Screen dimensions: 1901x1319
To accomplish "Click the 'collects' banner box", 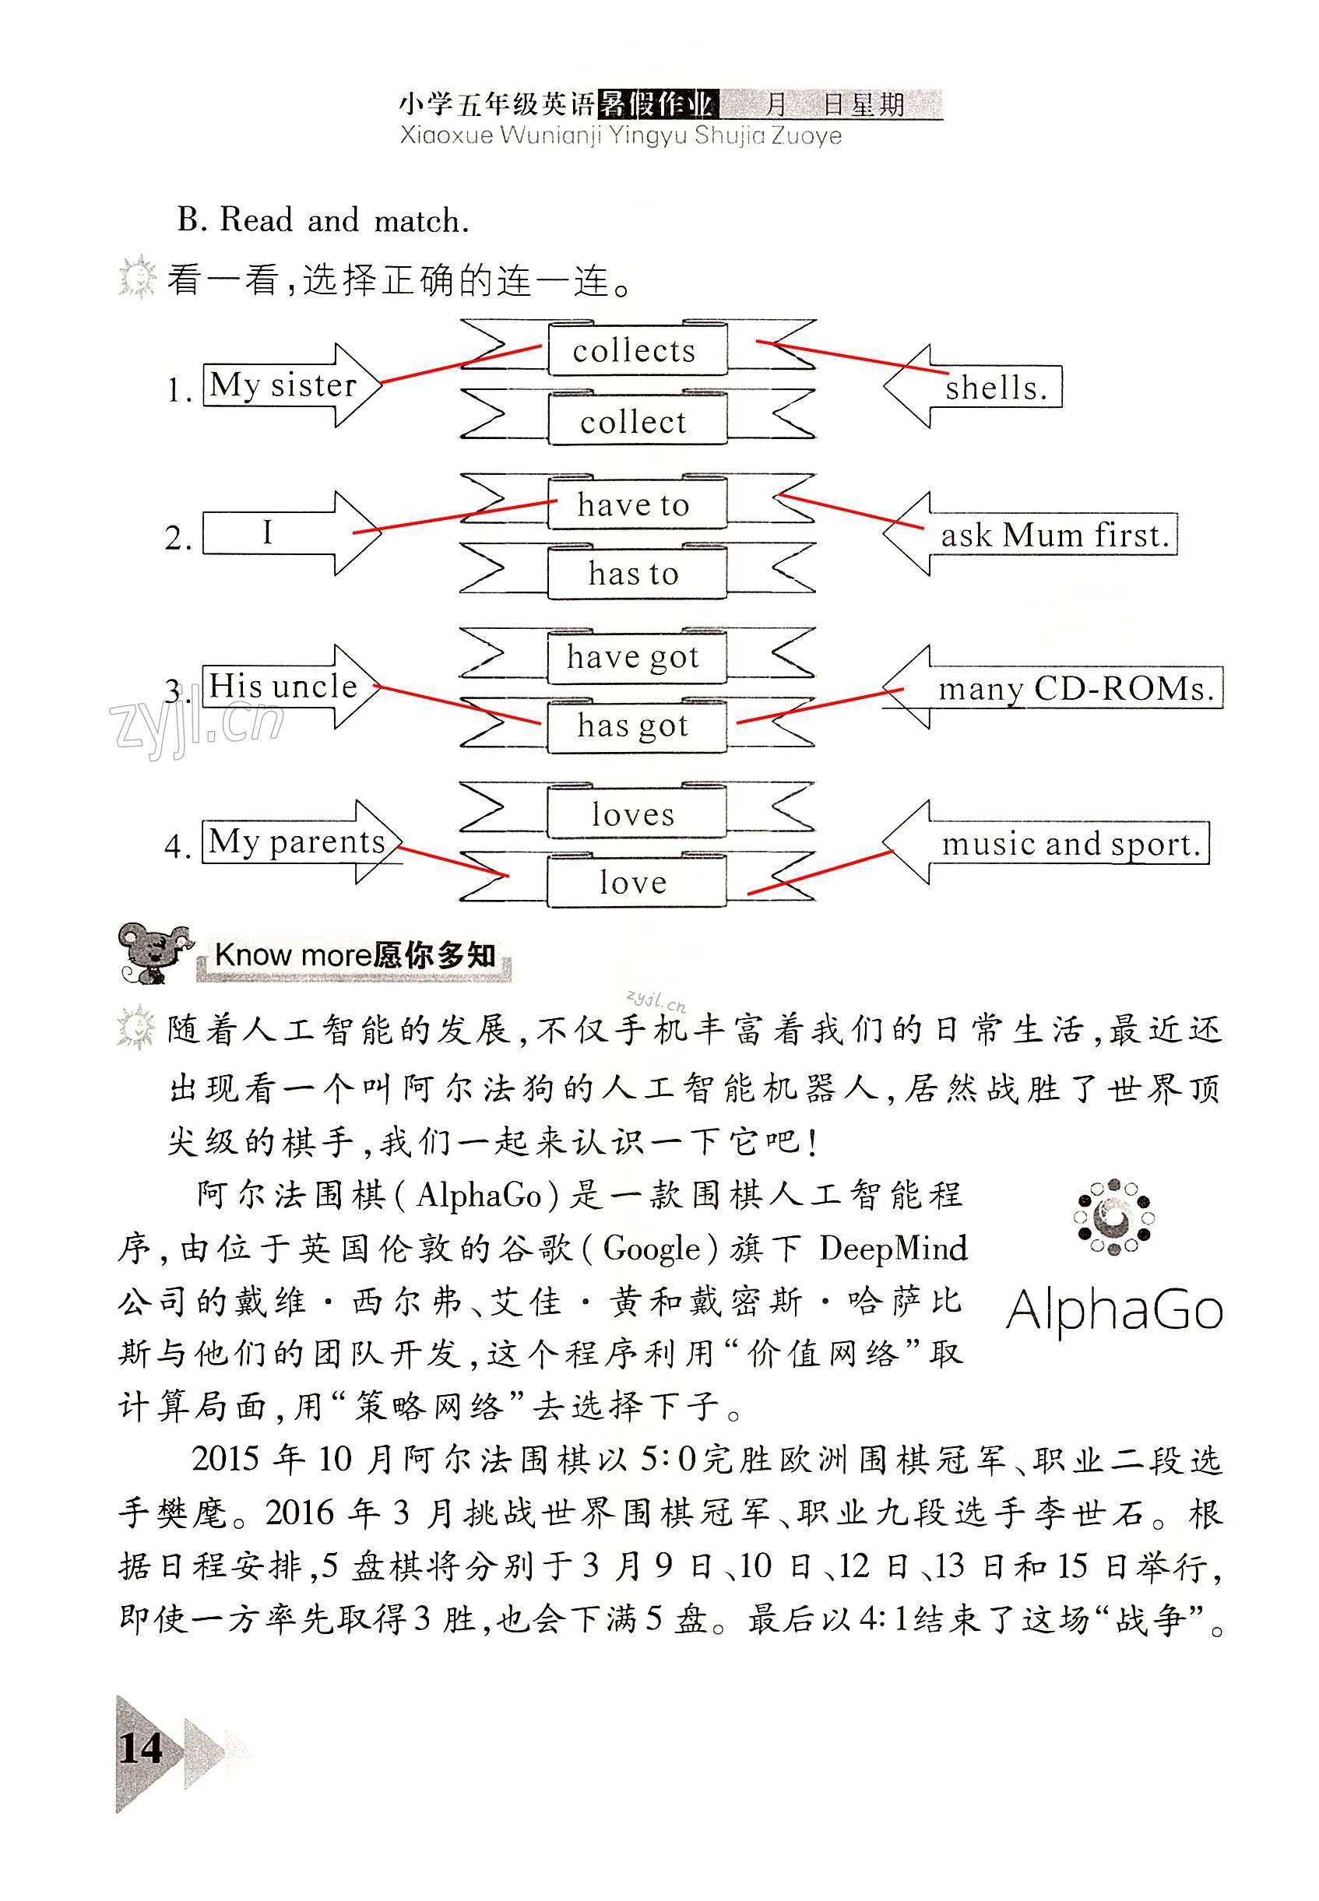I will (x=635, y=350).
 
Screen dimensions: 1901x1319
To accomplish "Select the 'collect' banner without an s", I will (x=634, y=422).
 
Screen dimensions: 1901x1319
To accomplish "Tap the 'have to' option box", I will (x=634, y=504).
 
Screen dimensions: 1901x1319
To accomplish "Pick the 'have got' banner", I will (x=634, y=657).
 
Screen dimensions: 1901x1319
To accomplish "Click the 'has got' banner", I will (x=634, y=726).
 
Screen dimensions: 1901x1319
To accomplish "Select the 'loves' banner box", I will (x=634, y=814).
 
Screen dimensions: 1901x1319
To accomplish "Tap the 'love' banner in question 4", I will (x=634, y=882).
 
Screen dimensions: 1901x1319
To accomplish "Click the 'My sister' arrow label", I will (x=283, y=385).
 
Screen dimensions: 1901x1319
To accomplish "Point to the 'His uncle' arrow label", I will (x=283, y=687).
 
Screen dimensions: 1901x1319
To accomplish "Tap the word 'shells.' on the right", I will (x=996, y=388).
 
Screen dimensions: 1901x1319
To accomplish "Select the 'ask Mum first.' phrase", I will (x=1054, y=536).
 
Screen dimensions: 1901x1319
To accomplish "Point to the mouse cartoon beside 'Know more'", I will (x=153, y=953).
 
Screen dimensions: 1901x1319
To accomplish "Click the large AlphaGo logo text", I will (x=1114, y=1310).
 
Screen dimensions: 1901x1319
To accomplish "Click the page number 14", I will (x=142, y=1748).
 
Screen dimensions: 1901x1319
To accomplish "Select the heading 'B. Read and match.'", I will (x=323, y=220).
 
